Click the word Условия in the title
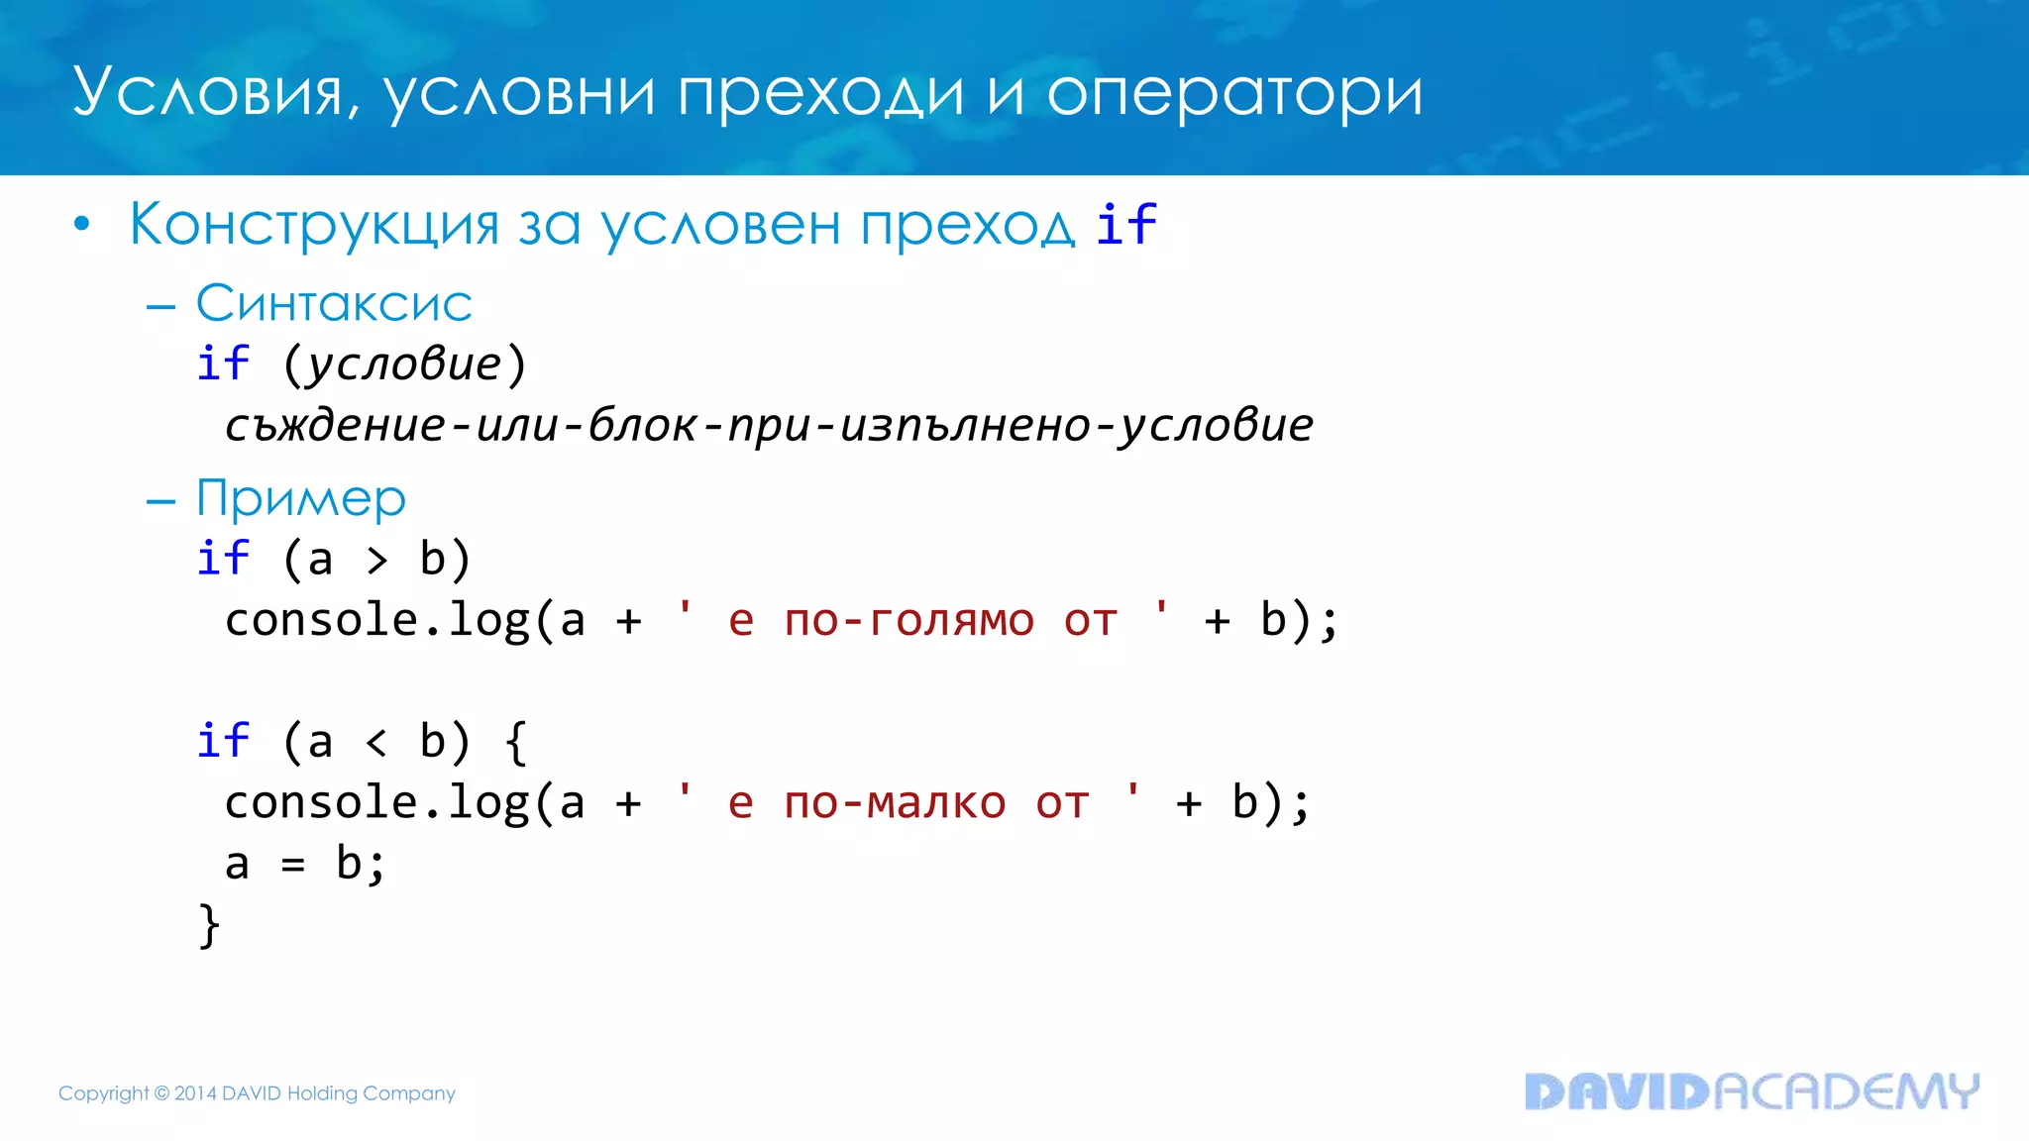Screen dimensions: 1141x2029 (208, 93)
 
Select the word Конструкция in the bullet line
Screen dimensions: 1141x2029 (313, 225)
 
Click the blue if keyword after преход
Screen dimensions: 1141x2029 (1125, 224)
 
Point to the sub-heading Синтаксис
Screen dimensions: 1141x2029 (333, 303)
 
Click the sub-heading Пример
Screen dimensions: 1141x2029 (300, 498)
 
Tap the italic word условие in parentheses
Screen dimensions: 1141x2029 (404, 364)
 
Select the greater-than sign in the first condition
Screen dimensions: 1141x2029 (376, 561)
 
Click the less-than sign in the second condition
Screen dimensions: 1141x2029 (376, 743)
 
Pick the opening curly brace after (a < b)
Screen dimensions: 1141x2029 (516, 742)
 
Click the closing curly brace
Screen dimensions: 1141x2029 (209, 925)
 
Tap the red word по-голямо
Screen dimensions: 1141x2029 (908, 622)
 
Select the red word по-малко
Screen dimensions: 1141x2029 (895, 803)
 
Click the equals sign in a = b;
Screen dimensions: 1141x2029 (292, 866)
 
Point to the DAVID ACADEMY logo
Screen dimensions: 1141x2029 (1751, 1091)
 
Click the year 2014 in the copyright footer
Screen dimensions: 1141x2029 (195, 1093)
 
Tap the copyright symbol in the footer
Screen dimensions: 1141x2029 (161, 1093)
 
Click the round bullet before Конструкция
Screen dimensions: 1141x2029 (81, 225)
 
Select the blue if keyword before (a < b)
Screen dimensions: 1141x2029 (223, 742)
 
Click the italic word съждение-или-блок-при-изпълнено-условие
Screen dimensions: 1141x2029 (769, 426)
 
